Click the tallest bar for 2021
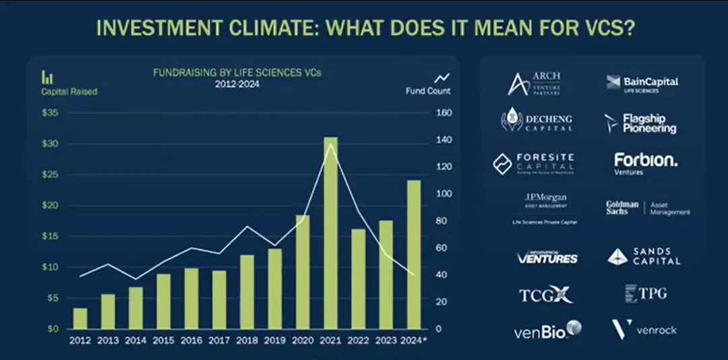point(330,233)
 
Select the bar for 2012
point(80,318)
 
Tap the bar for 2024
point(413,254)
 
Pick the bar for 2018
point(247,291)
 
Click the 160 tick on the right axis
point(443,113)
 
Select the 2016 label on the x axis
point(191,340)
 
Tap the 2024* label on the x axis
point(415,340)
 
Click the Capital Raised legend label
point(69,92)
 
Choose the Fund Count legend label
point(428,91)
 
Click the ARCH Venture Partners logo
point(534,83)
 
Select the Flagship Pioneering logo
point(640,123)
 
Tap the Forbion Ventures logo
point(645,163)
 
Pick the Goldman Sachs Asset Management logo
point(647,208)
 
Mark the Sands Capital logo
point(644,256)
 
